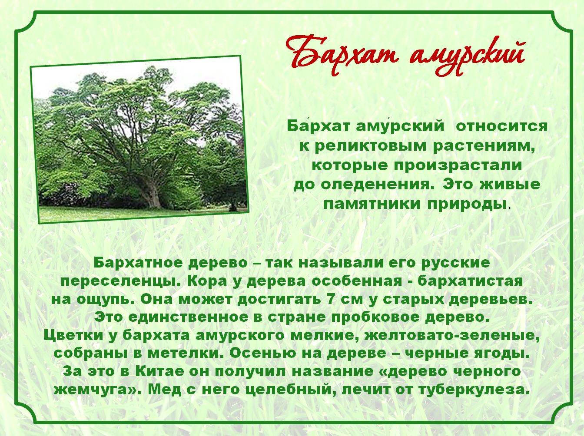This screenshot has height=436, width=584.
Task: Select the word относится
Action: pyautogui.click(x=502, y=126)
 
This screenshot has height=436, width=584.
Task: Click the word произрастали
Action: pyautogui.click(x=458, y=165)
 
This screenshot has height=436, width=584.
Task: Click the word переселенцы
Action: pyautogui.click(x=122, y=281)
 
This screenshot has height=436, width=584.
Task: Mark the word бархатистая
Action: pyautogui.click(x=470, y=281)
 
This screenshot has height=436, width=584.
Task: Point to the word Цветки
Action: pyautogui.click(x=73, y=336)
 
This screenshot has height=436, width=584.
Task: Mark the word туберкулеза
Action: pyautogui.click(x=473, y=390)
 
